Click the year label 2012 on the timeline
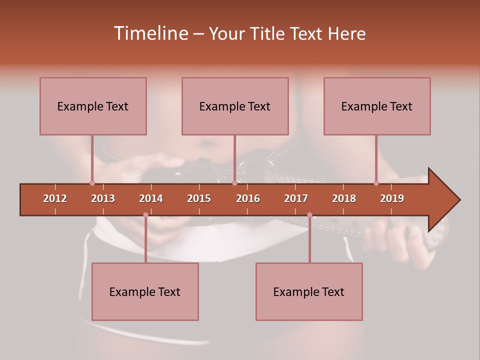click(55, 198)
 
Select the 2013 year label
click(103, 198)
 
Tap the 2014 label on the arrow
click(151, 198)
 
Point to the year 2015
click(199, 198)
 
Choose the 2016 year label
click(248, 198)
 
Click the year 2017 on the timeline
click(296, 198)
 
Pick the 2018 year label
click(344, 198)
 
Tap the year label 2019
click(392, 198)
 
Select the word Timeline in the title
click(150, 33)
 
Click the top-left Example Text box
click(93, 106)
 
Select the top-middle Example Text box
click(235, 106)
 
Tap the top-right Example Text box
click(377, 106)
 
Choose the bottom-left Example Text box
click(145, 291)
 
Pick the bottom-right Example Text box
click(309, 291)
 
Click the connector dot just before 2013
click(92, 183)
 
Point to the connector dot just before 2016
click(234, 183)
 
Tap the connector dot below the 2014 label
click(145, 215)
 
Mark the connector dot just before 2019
click(376, 183)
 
